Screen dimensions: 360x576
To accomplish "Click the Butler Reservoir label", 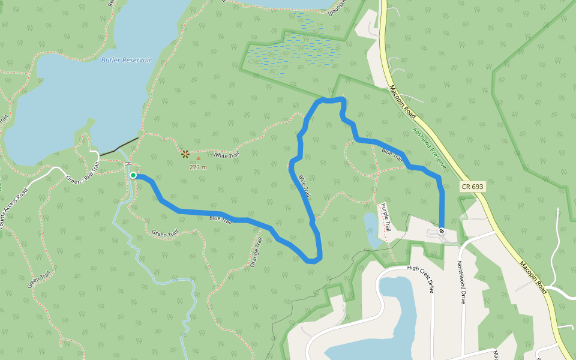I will pos(126,60).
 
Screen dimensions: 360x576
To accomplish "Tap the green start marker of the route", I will pos(133,175).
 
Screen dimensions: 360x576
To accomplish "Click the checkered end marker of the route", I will pos(442,231).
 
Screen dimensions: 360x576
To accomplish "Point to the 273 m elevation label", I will pos(198,167).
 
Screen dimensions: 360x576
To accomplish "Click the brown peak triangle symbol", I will pos(199,159).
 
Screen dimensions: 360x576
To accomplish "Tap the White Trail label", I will pos(226,155).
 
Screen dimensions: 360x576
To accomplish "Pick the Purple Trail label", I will pos(385,218).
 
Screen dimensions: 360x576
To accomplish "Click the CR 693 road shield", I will pos(473,187).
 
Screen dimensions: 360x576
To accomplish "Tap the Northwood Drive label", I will pos(461,282).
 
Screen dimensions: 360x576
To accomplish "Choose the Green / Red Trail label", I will pos(82,176).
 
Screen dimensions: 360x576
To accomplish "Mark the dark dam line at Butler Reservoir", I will pos(119,147).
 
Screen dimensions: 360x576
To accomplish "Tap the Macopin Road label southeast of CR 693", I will pos(533,277).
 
